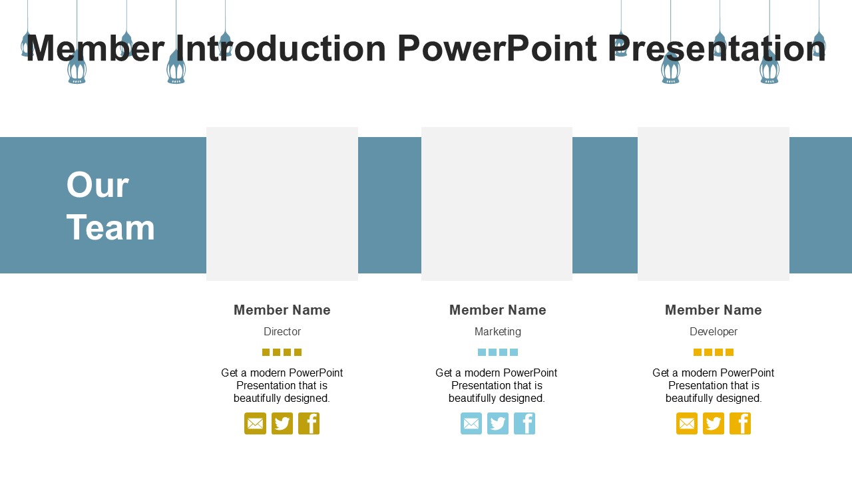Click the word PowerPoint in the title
click(x=497, y=49)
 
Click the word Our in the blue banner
click(x=98, y=185)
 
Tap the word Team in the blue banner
click(x=110, y=228)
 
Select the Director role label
click(x=282, y=331)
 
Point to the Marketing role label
click(x=497, y=332)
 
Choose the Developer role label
click(x=714, y=332)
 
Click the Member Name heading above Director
click(x=282, y=310)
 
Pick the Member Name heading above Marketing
click(x=497, y=310)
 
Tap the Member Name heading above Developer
click(x=713, y=310)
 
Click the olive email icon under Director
click(x=255, y=424)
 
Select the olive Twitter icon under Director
click(x=282, y=424)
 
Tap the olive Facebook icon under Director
click(x=309, y=424)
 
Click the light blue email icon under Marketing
click(x=471, y=424)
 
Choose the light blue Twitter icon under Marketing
click(x=498, y=424)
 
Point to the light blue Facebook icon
click(x=525, y=424)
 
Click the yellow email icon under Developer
click(x=687, y=424)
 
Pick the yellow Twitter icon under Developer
click(x=714, y=424)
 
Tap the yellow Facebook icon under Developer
click(x=740, y=424)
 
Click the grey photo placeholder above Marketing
click(x=497, y=204)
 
